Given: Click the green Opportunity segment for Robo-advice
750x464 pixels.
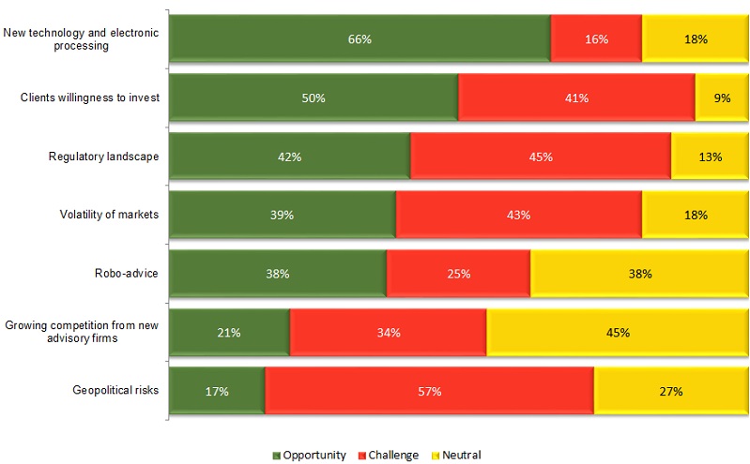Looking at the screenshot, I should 278,274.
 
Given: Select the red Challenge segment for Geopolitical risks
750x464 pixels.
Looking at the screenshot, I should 429,391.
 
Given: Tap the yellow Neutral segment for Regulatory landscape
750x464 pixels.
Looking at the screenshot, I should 710,157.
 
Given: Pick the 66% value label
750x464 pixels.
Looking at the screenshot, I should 360,39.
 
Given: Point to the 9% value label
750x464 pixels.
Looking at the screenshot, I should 722,97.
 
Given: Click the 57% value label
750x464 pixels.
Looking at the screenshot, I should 429,391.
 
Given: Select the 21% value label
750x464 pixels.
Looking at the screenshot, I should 230,332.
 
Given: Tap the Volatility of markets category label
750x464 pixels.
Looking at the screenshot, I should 104,215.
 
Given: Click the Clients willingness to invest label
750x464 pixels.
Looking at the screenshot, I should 90,97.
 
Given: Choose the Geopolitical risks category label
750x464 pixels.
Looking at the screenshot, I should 115,390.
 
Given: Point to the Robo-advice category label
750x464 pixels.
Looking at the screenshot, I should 125,273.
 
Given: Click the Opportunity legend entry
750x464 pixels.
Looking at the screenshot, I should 310,455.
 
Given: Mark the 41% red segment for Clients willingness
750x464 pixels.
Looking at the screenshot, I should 576,97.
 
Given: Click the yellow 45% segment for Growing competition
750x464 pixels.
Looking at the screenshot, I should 617,332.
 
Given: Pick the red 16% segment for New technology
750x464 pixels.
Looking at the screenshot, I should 596,39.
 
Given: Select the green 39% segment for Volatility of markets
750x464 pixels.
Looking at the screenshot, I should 283,215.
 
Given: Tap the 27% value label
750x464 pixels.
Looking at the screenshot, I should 670,391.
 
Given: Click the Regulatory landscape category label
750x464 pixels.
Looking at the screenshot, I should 103,157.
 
